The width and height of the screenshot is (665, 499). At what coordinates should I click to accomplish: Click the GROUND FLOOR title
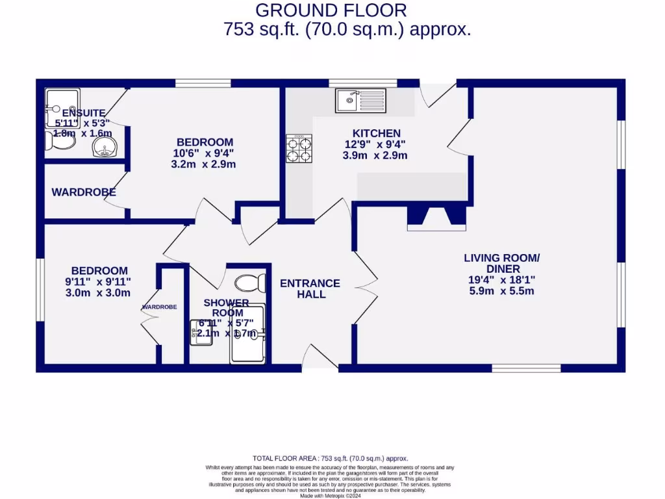tap(331, 10)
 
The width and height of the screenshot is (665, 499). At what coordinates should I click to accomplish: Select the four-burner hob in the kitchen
tap(299, 148)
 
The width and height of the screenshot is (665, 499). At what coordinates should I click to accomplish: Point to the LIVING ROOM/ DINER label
tap(501, 263)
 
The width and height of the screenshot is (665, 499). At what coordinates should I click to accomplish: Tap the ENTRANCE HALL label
tap(310, 288)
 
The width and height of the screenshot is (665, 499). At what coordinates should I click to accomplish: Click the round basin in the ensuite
tap(103, 146)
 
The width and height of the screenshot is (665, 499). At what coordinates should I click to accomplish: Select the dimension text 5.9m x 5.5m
tap(501, 291)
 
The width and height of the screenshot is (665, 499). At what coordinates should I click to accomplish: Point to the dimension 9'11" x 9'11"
tap(99, 281)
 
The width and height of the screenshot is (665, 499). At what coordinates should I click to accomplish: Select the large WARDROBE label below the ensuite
tap(84, 192)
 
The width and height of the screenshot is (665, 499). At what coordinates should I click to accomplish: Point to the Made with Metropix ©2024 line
tap(332, 496)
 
